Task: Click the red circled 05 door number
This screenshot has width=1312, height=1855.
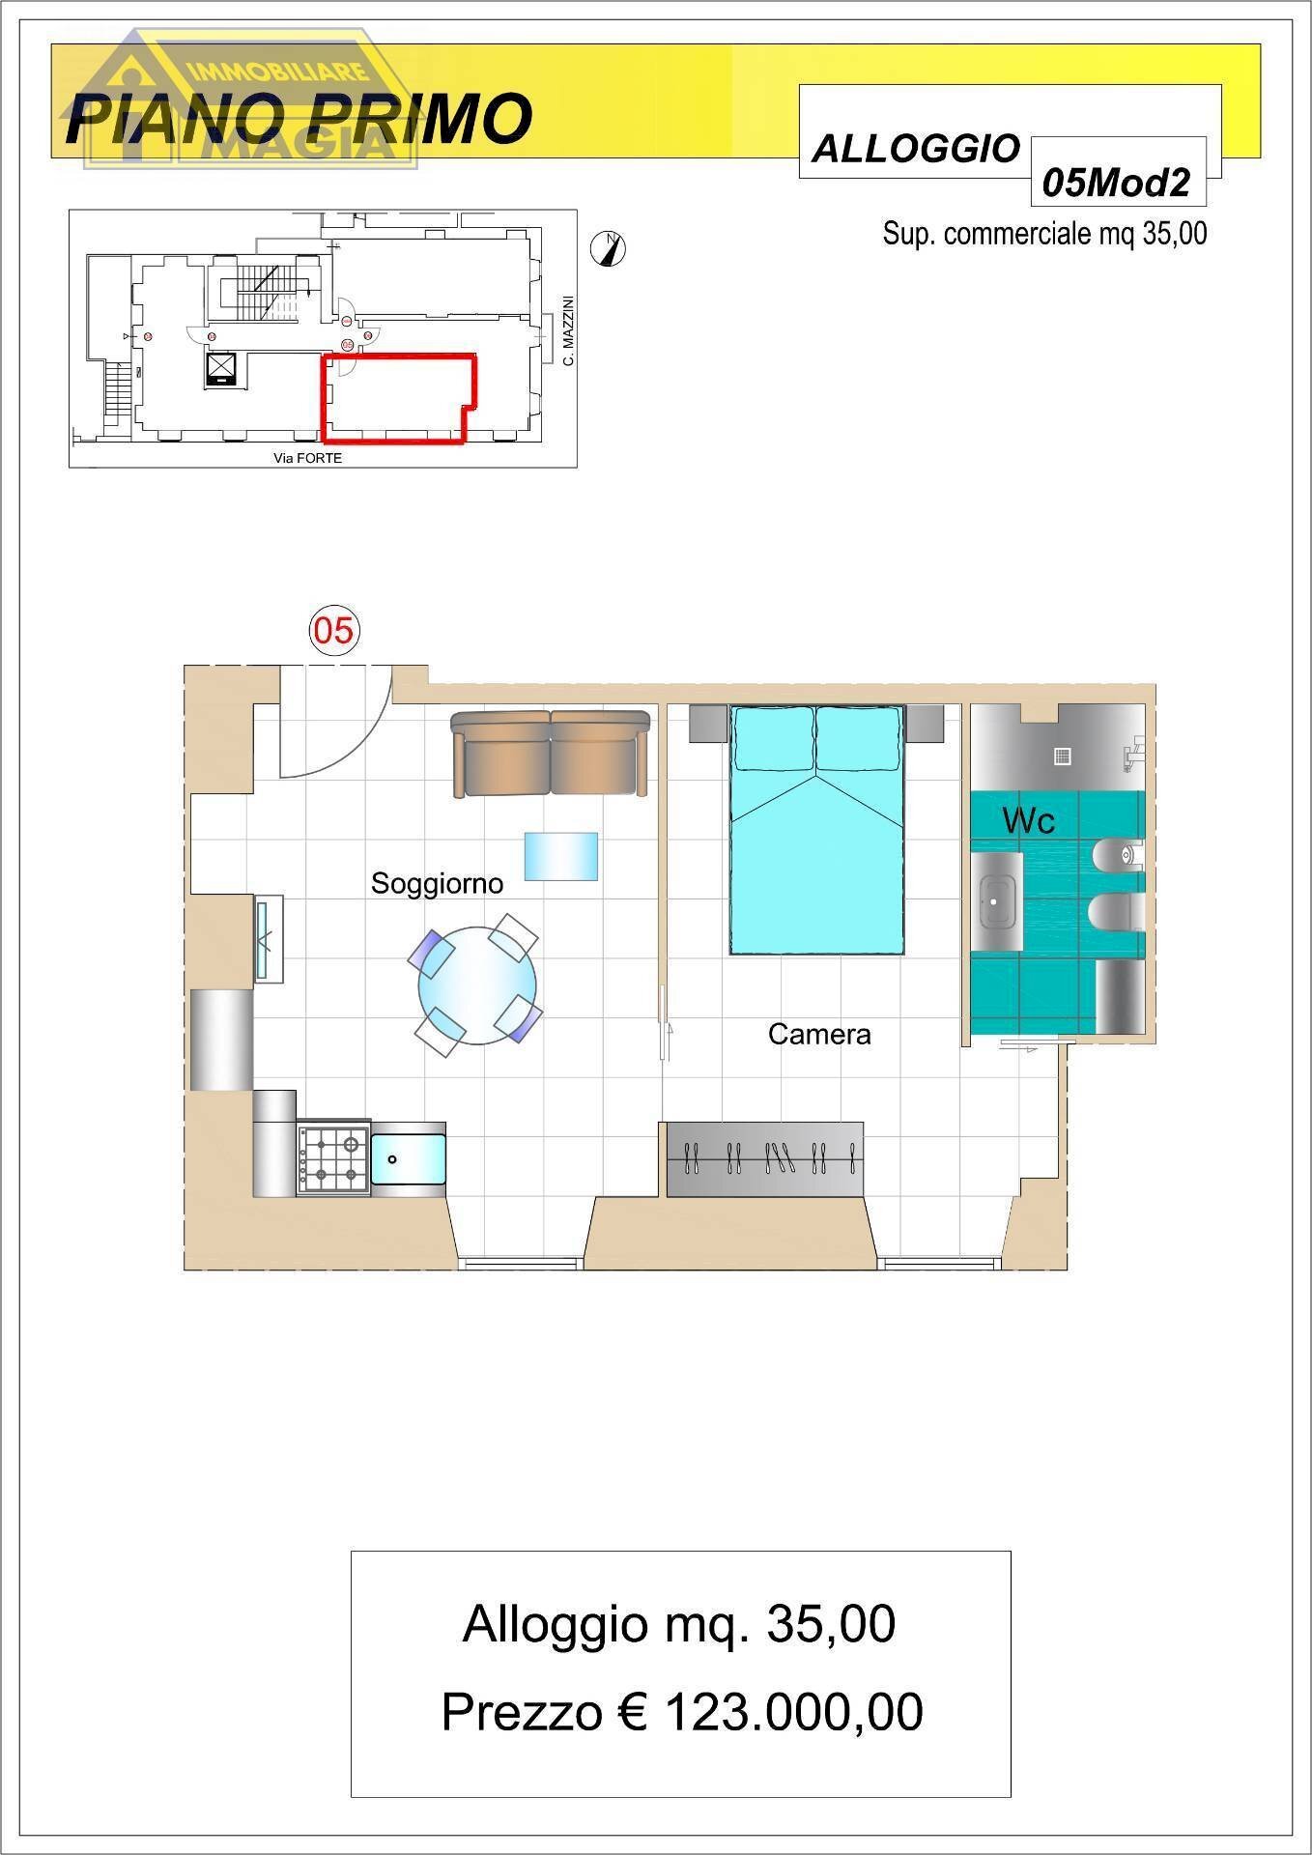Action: point(333,631)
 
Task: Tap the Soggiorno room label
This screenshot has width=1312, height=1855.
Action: point(437,883)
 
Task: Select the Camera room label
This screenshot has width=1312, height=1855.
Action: point(819,1034)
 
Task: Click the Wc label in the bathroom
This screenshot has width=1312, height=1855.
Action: point(1028,820)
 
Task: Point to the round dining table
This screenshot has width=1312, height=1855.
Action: point(477,986)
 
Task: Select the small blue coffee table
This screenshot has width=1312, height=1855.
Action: point(560,856)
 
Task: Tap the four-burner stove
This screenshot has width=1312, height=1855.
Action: point(333,1160)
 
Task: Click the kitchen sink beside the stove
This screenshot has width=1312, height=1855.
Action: point(409,1158)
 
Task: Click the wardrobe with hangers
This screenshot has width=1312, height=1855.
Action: point(763,1158)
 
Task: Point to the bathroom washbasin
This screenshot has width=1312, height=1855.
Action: point(995,900)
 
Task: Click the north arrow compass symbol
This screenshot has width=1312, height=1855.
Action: point(608,248)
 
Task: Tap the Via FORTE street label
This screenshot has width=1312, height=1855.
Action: point(307,458)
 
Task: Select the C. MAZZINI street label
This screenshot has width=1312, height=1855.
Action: point(569,330)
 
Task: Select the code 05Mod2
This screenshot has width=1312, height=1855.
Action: point(1117,182)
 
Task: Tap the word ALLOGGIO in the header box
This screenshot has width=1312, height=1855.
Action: point(915,149)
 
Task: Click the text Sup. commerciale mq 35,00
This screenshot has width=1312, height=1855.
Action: point(1043,234)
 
